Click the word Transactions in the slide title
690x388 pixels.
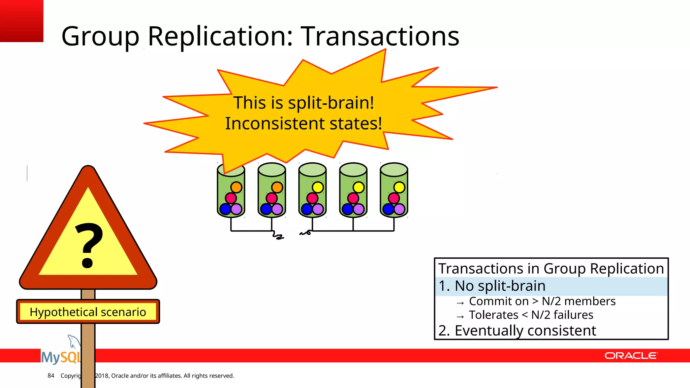coord(380,36)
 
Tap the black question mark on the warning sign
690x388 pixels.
coord(88,244)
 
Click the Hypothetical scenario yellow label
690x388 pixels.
coord(88,312)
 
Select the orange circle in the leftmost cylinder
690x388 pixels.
coord(237,187)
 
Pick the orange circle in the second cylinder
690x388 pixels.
coord(277,187)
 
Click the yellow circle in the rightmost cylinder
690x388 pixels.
coord(399,187)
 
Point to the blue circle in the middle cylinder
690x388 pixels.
coord(307,209)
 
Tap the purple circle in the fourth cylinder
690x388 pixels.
coord(359,209)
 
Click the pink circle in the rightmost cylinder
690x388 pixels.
coord(394,198)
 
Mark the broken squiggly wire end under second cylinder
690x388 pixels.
coord(278,236)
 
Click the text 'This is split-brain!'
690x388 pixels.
coord(304,103)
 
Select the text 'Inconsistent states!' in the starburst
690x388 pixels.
coord(304,123)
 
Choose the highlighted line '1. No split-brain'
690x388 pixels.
coord(492,286)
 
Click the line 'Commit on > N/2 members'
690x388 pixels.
coord(542,301)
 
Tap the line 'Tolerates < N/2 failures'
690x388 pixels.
coord(531,315)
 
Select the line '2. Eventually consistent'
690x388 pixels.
coord(517,330)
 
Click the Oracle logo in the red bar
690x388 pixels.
coord(630,356)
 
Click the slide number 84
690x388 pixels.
coord(51,376)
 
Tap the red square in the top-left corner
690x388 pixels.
coord(22,21)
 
